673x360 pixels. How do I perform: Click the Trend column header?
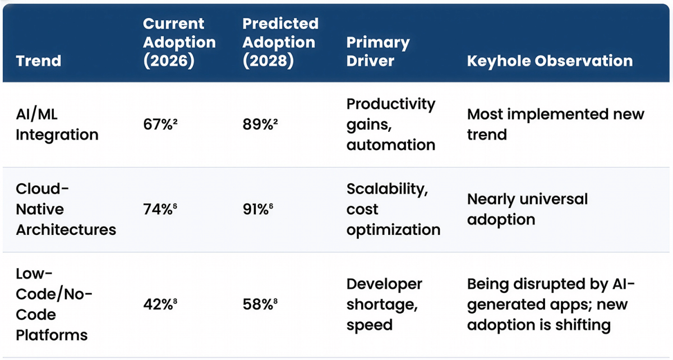click(x=39, y=61)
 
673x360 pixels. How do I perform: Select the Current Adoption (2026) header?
click(x=179, y=43)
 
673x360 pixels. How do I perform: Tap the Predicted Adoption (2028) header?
click(x=280, y=43)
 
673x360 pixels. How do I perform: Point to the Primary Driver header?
click(x=377, y=52)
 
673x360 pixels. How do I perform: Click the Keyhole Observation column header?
click(x=550, y=61)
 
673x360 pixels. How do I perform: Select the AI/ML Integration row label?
click(x=57, y=124)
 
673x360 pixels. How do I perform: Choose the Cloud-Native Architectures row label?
click(x=66, y=209)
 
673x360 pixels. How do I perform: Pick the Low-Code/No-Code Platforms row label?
click(x=52, y=304)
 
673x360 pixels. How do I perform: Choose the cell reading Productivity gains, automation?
click(x=390, y=124)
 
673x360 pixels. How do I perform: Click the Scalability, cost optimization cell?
click(x=393, y=209)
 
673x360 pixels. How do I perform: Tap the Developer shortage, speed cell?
click(x=384, y=304)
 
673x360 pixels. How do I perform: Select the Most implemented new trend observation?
click(x=555, y=124)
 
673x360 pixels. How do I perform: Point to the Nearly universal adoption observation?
click(x=527, y=209)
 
